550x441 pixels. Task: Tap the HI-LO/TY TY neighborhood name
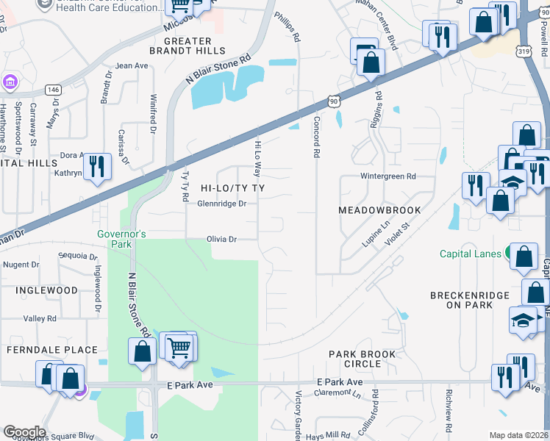[232, 189]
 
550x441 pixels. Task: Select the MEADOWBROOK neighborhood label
[379, 210]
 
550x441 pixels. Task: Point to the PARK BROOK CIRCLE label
[362, 359]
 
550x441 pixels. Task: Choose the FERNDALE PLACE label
[51, 351]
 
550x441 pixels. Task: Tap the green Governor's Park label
[122, 234]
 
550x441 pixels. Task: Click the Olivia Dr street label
[221, 240]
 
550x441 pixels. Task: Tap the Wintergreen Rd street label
[388, 176]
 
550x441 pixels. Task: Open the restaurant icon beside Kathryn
[96, 167]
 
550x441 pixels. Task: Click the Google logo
[24, 432]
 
